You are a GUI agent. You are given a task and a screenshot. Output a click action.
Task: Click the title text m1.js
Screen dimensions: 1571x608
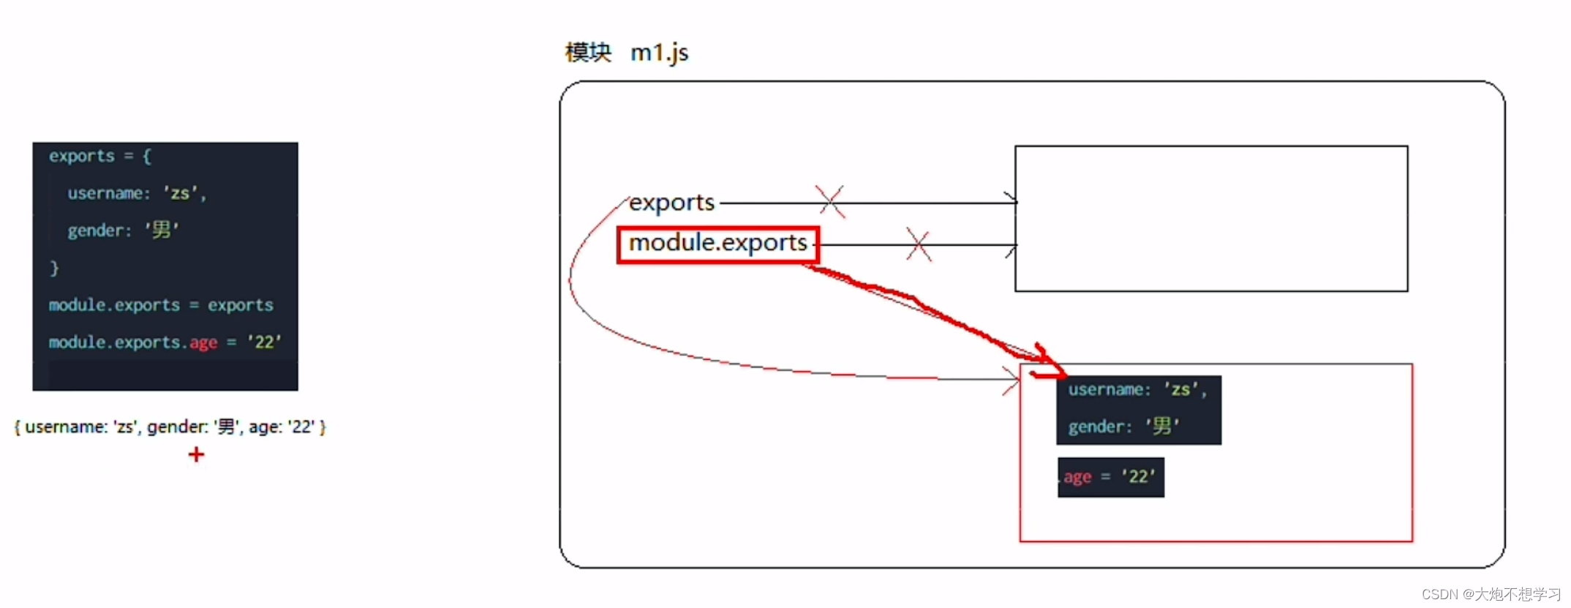click(x=659, y=53)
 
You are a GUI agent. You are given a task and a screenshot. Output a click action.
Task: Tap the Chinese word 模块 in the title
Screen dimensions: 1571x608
click(x=588, y=52)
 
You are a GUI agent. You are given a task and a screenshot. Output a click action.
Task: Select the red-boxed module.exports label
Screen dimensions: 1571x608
click(x=718, y=244)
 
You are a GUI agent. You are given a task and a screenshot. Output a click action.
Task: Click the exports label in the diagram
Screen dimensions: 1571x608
click(x=671, y=202)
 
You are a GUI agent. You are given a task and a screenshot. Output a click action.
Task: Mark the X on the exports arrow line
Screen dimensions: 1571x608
click(x=830, y=201)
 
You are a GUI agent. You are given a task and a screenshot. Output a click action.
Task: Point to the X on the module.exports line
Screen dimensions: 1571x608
click(x=919, y=244)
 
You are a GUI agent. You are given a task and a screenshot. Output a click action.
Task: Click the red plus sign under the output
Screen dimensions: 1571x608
click(x=196, y=455)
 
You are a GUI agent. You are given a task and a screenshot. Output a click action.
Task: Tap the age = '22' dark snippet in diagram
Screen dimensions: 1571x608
click(x=1110, y=477)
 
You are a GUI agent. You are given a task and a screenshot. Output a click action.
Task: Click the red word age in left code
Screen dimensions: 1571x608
click(x=203, y=343)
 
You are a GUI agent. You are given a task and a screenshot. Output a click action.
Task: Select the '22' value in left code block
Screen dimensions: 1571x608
click(x=264, y=342)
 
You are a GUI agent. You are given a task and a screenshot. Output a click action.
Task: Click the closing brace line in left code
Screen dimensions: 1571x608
click(x=54, y=268)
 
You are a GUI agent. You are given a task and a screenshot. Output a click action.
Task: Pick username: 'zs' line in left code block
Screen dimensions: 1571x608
click(x=137, y=193)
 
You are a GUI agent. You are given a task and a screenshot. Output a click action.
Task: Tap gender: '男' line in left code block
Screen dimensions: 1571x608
click(x=123, y=230)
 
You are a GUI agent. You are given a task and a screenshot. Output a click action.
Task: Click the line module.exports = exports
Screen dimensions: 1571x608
click(x=161, y=305)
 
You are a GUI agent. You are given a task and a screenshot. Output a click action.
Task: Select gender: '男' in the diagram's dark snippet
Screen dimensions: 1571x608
click(x=1123, y=426)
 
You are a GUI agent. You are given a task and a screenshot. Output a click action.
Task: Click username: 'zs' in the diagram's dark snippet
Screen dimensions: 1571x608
click(x=1137, y=389)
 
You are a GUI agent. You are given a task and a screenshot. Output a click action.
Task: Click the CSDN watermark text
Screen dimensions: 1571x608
click(x=1491, y=594)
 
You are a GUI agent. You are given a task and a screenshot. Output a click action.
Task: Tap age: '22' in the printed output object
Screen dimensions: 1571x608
click(x=282, y=427)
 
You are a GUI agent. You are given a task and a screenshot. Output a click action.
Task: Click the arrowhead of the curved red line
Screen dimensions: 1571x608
click(x=1018, y=380)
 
